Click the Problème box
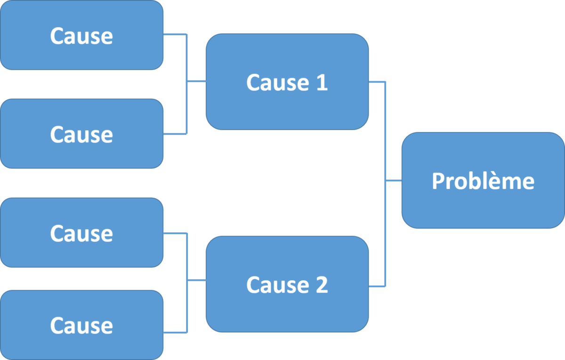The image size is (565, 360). [x=483, y=180]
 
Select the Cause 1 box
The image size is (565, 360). [x=287, y=82]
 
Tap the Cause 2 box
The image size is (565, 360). [x=287, y=285]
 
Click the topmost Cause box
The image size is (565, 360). [x=81, y=36]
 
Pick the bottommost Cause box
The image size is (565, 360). [x=81, y=325]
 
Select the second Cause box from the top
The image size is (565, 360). [x=81, y=134]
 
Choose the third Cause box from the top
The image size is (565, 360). [x=81, y=233]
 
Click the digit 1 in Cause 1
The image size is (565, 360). [x=321, y=82]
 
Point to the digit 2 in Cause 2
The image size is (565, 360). [x=321, y=285]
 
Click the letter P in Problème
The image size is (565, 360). [x=438, y=181]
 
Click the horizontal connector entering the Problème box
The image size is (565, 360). [x=394, y=180]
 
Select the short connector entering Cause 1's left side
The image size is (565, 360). [x=197, y=82]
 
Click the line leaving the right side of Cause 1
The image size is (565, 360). [x=377, y=82]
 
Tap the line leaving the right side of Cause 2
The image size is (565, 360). [x=377, y=286]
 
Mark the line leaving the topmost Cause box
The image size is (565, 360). [x=175, y=34]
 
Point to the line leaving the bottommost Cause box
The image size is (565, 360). [x=175, y=332]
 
